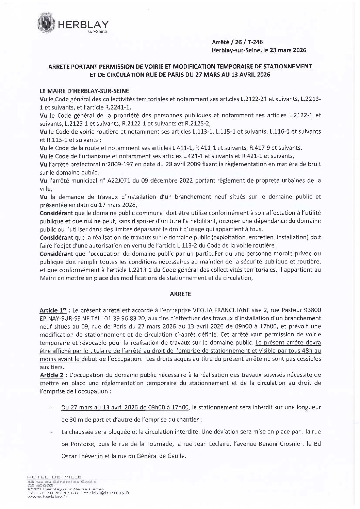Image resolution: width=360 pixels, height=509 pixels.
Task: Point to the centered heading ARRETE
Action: point(180,294)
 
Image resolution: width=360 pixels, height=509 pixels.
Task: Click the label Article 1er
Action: point(51,311)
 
